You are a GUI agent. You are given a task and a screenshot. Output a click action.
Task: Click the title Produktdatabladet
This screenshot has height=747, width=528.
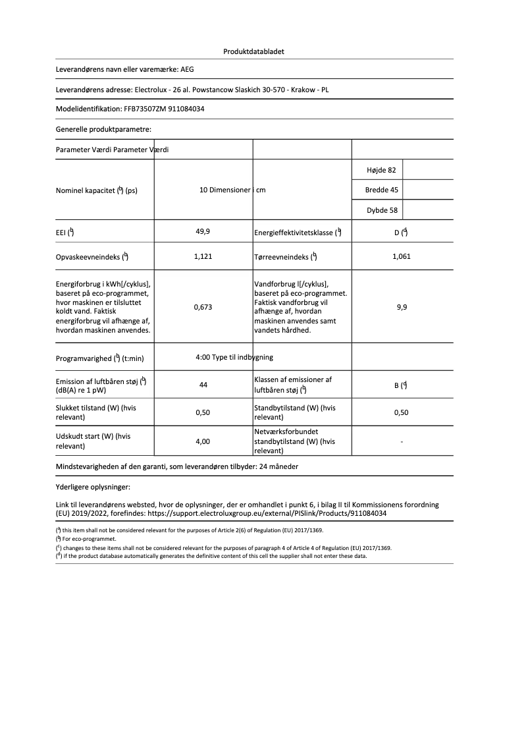(253, 51)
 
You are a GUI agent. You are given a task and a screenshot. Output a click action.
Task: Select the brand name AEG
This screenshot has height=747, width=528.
(188, 69)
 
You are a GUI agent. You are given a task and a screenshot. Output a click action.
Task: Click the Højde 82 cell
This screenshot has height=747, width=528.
(381, 170)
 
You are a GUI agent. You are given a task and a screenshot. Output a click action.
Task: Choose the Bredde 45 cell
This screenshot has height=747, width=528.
(381, 190)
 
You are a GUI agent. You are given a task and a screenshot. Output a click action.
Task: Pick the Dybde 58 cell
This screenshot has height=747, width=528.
(381, 211)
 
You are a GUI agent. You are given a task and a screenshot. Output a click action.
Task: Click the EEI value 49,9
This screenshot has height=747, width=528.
(203, 232)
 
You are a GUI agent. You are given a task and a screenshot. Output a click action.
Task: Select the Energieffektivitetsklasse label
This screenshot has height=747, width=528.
(294, 233)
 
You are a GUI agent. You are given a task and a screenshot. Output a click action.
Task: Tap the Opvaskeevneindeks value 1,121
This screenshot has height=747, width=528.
(203, 256)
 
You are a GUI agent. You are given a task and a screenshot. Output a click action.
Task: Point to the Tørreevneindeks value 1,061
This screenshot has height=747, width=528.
(401, 256)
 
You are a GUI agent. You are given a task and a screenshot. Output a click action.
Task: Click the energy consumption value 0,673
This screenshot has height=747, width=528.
(203, 307)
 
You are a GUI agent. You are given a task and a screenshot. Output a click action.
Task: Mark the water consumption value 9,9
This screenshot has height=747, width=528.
(402, 307)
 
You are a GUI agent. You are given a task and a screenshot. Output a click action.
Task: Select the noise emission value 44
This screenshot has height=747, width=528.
(203, 385)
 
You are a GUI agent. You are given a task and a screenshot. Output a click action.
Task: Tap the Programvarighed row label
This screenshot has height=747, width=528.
(100, 358)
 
